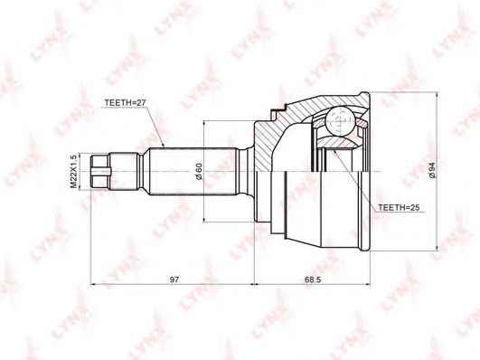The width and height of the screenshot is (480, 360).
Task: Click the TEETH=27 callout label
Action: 125,103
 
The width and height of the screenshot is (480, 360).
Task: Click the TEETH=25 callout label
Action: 399,207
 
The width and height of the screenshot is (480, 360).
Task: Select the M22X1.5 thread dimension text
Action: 73,171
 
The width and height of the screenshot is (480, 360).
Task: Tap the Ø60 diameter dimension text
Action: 199,171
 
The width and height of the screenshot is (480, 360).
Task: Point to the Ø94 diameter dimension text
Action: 432,171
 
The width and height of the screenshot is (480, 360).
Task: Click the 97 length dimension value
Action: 174,279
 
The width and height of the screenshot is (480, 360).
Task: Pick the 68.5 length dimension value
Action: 313,279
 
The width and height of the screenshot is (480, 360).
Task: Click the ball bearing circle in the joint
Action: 341,120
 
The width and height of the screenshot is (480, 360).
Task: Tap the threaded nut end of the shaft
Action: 99,171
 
